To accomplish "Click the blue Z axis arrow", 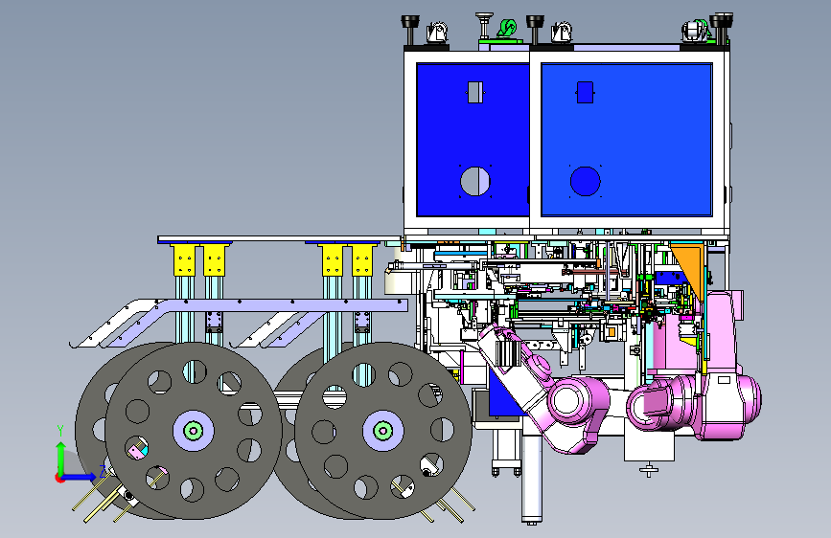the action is pos(80,477).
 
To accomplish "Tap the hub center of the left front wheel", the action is pos(194,431).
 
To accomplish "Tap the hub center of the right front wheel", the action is pos(383,431).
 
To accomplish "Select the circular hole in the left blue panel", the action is pos(475,181).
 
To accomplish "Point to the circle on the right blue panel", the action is pos(585,181).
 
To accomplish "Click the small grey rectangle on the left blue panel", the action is pos(474,92).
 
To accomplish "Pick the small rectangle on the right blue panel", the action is pos(585,92).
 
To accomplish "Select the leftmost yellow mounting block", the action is pos(184,260).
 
